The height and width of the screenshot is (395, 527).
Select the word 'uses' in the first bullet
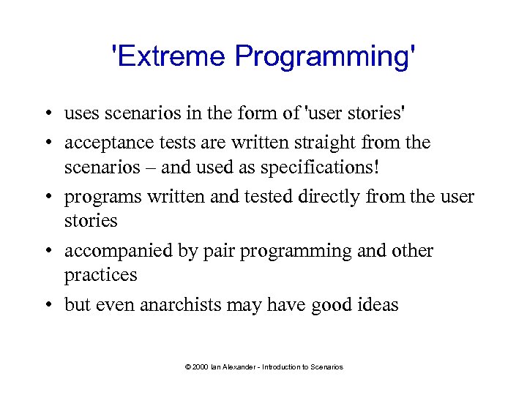tap(80, 113)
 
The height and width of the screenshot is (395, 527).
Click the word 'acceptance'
tap(106, 143)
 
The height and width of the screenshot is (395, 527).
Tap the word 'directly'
tap(350, 197)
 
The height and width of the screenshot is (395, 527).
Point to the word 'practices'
tap(101, 275)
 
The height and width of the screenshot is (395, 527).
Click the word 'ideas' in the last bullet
tap(379, 305)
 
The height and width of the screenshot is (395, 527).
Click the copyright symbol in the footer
tap(187, 366)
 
